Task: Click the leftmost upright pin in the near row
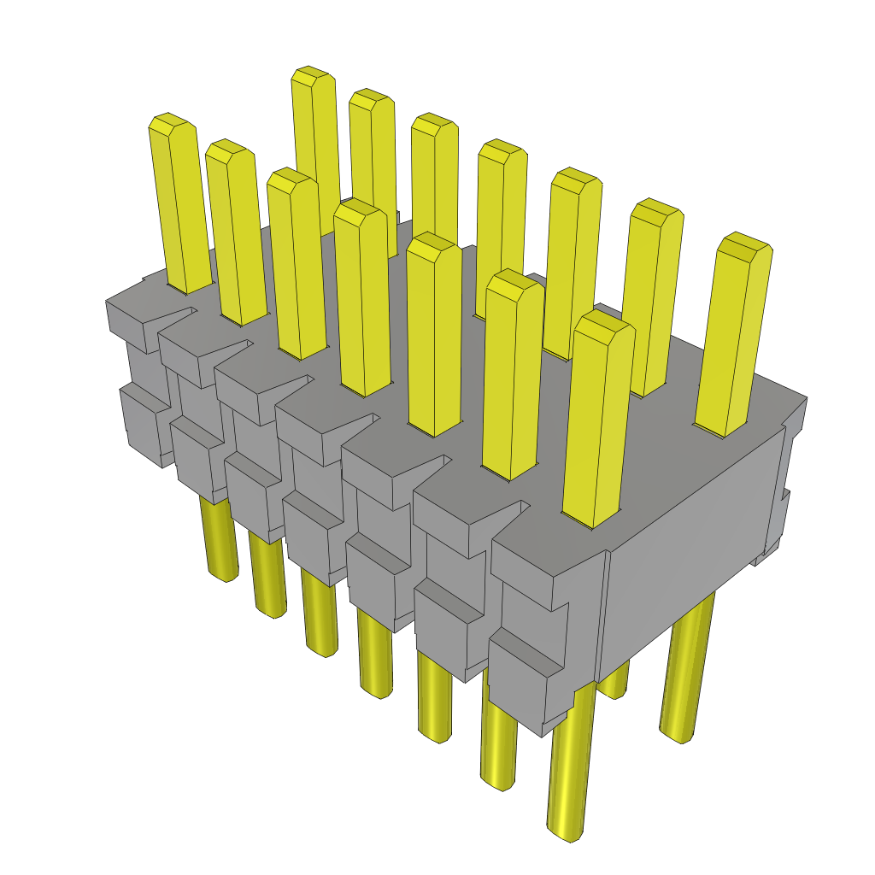179,205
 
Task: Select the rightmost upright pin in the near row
597,419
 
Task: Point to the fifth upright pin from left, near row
434,333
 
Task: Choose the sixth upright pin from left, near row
513,376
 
